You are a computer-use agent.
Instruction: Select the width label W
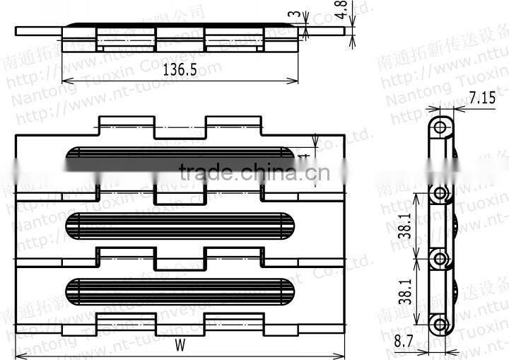point(180,346)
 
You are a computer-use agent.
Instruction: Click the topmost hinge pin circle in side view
point(441,127)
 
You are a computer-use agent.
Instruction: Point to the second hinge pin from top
point(441,193)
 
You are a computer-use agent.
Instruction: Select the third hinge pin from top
point(441,257)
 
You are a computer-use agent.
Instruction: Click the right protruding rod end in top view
point(320,31)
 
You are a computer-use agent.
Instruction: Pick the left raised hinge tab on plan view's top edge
point(126,123)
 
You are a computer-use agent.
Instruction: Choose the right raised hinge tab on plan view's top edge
point(233,123)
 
